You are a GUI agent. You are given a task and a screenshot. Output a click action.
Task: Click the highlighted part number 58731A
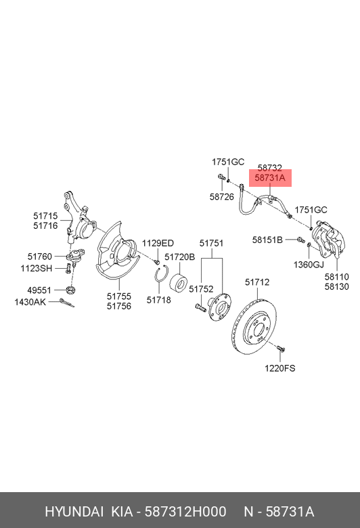(270, 178)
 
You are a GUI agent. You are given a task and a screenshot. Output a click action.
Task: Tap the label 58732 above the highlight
(270, 168)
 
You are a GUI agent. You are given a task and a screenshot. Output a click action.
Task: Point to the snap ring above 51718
(162, 274)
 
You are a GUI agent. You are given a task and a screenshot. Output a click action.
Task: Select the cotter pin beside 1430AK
(67, 303)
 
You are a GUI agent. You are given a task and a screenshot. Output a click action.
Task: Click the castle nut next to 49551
(71, 289)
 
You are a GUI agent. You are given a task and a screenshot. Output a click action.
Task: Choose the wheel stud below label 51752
(200, 307)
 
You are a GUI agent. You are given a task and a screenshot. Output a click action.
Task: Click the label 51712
(257, 282)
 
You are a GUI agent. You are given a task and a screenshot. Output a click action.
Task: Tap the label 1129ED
(158, 243)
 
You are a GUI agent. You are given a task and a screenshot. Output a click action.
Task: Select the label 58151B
(267, 240)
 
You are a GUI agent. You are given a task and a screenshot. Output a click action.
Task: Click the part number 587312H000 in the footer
(185, 512)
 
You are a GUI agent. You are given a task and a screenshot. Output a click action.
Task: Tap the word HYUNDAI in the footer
(74, 512)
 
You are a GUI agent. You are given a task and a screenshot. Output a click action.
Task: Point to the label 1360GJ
(309, 265)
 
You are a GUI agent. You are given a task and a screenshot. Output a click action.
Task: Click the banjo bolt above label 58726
(221, 177)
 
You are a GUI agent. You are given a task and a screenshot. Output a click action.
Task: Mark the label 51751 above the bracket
(211, 243)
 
